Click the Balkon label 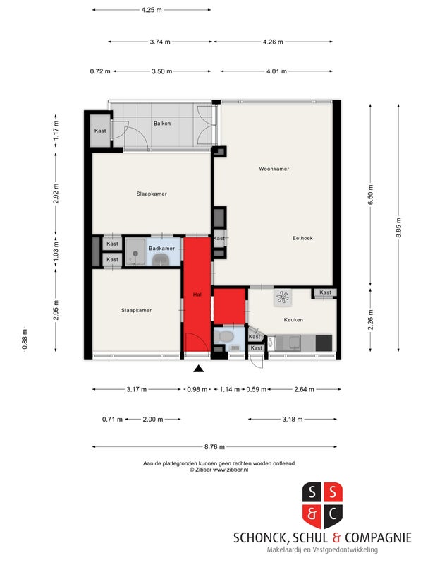162,124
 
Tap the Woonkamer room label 274,169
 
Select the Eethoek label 302,238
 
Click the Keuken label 293,320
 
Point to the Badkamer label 162,249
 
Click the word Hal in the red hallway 197,295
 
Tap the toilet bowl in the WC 226,336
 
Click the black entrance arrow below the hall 199,369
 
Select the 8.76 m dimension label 214,447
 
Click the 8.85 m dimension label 398,227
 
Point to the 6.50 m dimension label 371,195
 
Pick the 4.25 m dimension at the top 152,10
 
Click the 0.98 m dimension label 197,390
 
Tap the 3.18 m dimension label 293,419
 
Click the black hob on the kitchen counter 324,343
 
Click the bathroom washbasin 161,260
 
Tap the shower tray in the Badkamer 135,252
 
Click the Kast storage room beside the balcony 100,131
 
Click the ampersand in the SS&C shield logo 312,513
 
